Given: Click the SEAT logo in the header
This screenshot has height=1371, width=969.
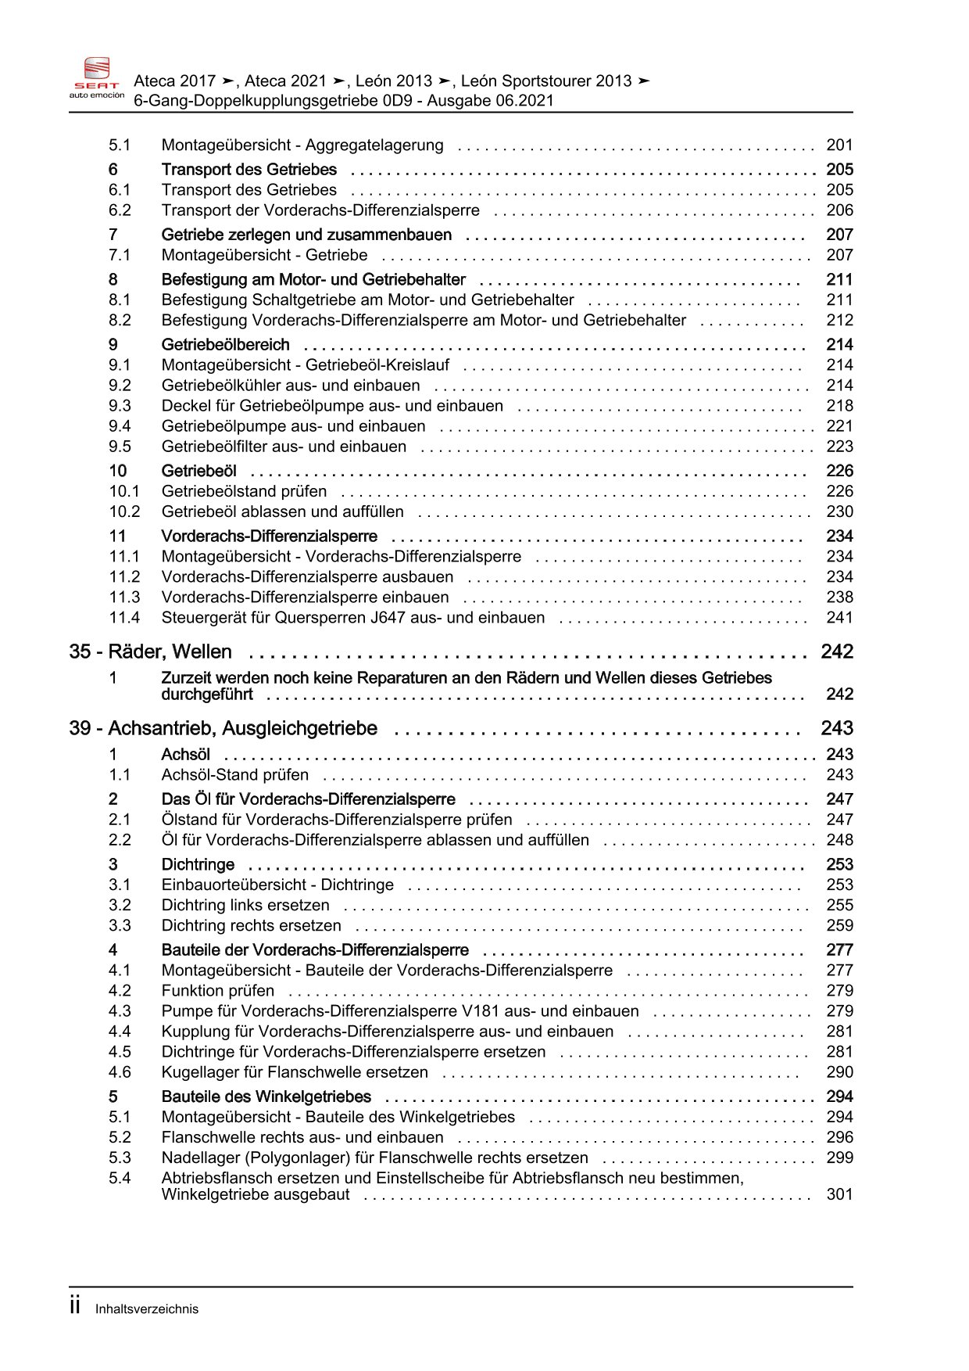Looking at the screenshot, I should pyautogui.click(x=97, y=77).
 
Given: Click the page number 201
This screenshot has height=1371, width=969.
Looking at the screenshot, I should pyautogui.click(x=839, y=145).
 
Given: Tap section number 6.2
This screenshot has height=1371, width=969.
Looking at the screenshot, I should pyautogui.click(x=120, y=210).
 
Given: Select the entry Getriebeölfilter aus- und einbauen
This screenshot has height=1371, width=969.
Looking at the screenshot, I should pyautogui.click(x=284, y=447).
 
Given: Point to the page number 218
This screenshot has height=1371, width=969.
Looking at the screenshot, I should pyautogui.click(x=839, y=406).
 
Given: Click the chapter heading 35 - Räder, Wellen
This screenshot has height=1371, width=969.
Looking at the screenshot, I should pyautogui.click(x=150, y=651).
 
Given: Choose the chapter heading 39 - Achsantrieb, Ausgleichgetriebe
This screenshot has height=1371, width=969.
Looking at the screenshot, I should pyautogui.click(x=223, y=728).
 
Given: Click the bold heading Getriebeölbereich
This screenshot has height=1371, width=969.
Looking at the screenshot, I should pyautogui.click(x=225, y=345).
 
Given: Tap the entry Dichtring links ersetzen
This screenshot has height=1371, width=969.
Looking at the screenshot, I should pyautogui.click(x=245, y=905).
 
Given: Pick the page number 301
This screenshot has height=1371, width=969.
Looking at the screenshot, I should pyautogui.click(x=839, y=1194).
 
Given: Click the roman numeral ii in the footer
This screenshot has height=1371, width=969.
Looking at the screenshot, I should pyautogui.click(x=75, y=1306).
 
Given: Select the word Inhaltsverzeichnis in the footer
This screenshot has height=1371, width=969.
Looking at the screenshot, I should pyautogui.click(x=147, y=1309).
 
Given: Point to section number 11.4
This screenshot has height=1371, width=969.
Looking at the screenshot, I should pyautogui.click(x=124, y=618).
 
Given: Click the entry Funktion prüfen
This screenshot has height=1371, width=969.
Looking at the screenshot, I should pyautogui.click(x=218, y=991).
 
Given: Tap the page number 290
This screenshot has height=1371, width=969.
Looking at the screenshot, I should pyautogui.click(x=839, y=1072).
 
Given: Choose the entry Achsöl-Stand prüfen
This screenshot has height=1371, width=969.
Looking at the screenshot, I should pyautogui.click(x=234, y=775).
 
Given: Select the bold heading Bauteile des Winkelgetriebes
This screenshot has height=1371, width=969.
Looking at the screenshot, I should pyautogui.click(x=266, y=1096).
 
